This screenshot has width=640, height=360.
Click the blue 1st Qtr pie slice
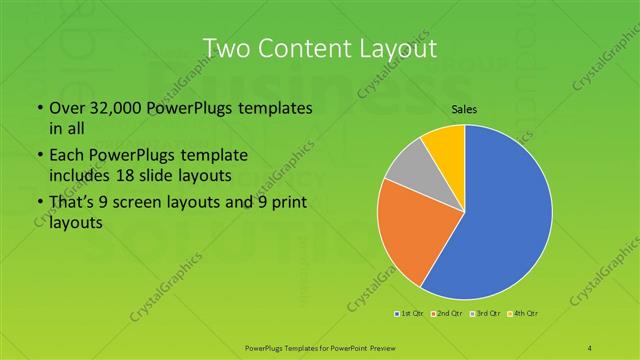pos(500,220)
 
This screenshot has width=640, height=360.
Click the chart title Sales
pos(463,109)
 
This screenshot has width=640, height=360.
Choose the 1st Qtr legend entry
pos(410,314)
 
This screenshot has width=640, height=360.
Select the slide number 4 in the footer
pos(590,346)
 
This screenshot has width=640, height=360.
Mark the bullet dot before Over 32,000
pos(38,108)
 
